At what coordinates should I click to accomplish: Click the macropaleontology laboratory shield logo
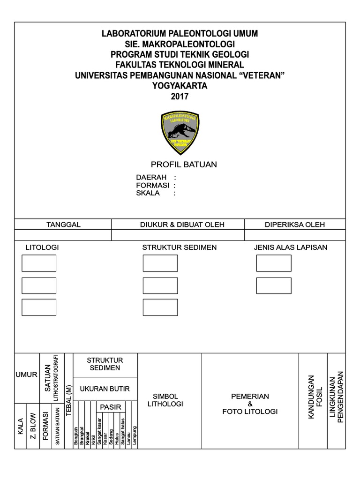(180, 133)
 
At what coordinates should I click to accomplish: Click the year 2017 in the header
(180, 97)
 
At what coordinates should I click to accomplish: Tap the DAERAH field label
(151, 178)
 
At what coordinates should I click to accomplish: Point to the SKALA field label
(148, 193)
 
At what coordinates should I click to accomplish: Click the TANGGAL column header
(63, 225)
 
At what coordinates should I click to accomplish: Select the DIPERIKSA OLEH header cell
(295, 225)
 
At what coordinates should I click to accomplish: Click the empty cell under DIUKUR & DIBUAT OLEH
(178, 235)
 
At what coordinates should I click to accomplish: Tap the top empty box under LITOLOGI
(39, 263)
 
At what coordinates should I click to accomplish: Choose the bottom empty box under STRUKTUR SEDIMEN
(160, 307)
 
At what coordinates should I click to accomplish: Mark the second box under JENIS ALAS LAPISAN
(274, 285)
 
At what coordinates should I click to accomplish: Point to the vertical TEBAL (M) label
(68, 400)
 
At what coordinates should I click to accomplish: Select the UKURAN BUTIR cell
(105, 389)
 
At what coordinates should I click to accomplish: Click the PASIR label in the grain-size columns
(111, 406)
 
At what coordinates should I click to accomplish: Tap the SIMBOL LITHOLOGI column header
(165, 400)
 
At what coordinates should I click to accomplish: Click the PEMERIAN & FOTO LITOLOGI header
(250, 404)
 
